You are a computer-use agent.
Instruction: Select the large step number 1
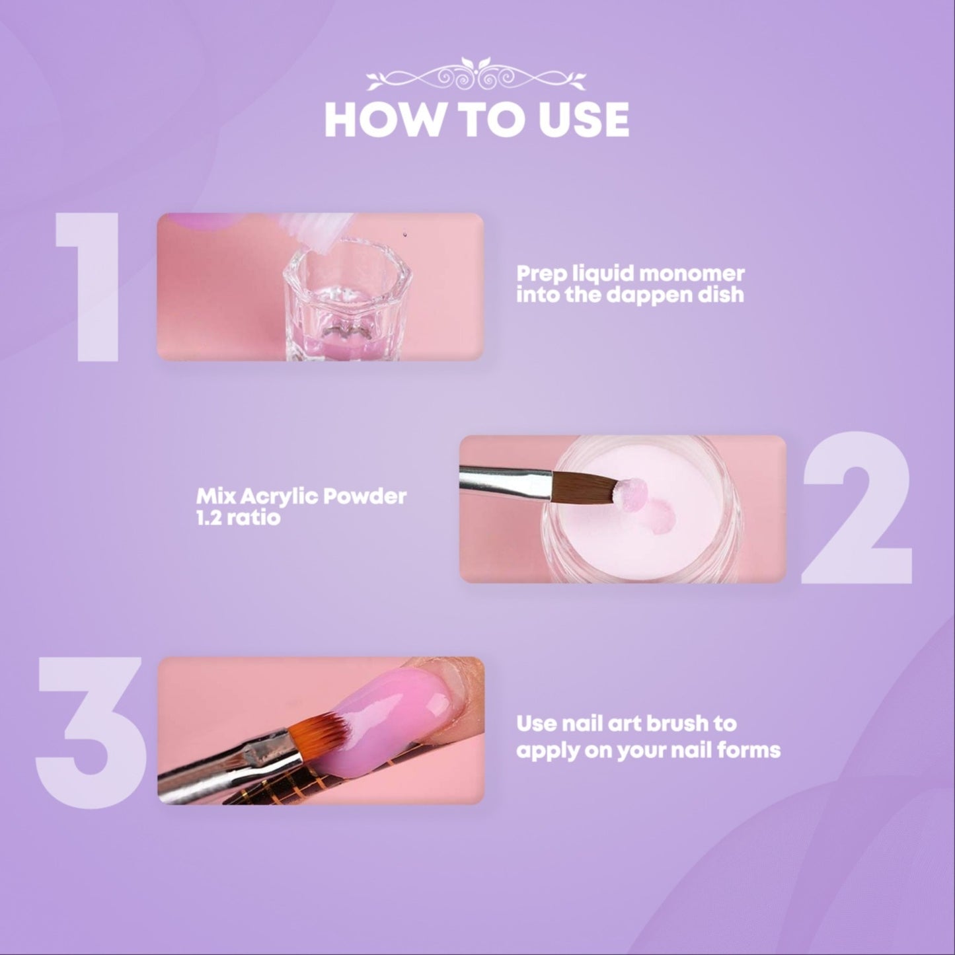87,287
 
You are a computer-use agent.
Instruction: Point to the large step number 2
857,510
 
